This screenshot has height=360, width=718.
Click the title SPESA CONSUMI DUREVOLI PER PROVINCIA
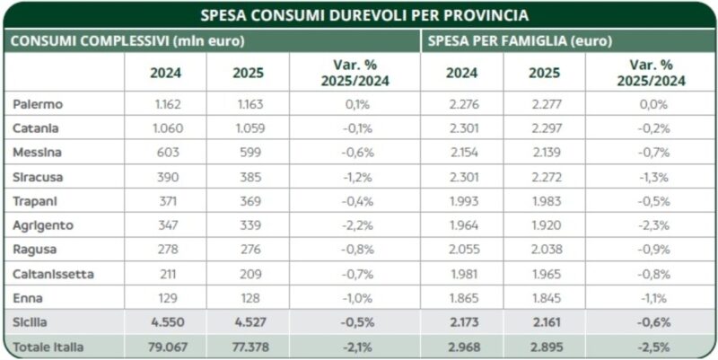[358, 15]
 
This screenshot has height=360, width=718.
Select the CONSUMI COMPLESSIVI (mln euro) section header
[127, 41]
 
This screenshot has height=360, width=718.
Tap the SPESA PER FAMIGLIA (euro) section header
[520, 41]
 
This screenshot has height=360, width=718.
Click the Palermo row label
[38, 104]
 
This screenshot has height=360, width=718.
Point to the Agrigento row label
[44, 224]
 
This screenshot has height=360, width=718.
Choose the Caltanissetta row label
[53, 273]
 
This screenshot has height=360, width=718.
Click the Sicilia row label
[31, 321]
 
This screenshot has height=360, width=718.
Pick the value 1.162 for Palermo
[168, 104]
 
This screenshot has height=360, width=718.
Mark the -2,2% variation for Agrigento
[358, 224]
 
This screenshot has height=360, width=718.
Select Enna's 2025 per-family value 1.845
[546, 297]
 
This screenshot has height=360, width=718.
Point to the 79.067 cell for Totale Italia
[168, 346]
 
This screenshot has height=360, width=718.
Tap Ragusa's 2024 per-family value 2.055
[464, 249]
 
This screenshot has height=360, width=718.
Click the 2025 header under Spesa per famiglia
[546, 74]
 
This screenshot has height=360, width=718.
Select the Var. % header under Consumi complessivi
[358, 74]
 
